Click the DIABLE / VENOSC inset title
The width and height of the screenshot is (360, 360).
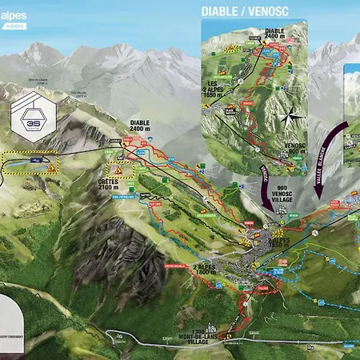pyautogui.click(x=244, y=11)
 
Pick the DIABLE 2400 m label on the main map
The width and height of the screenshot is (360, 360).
pyautogui.click(x=144, y=127)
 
